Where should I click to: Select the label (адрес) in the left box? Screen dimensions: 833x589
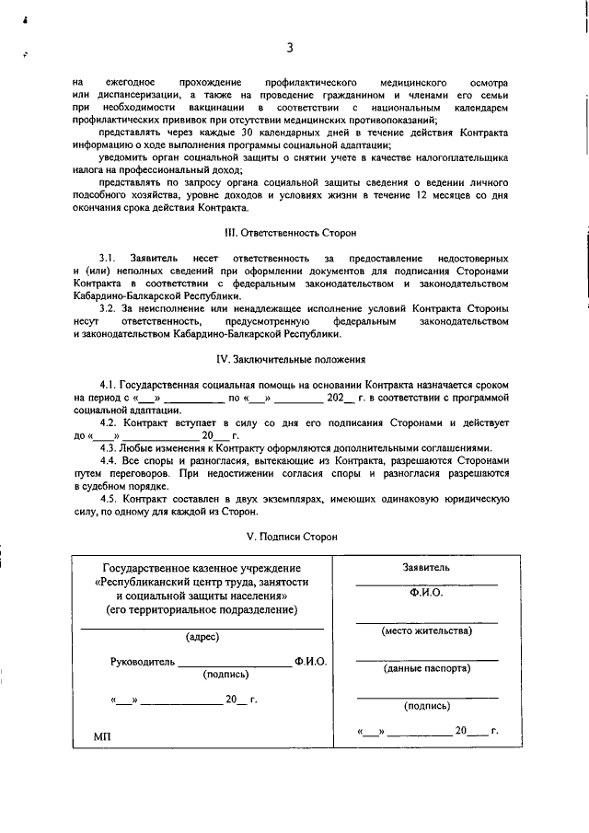[x=202, y=637]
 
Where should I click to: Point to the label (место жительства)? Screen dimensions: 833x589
[x=426, y=631]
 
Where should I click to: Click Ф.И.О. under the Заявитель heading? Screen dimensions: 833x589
[x=426, y=594]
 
